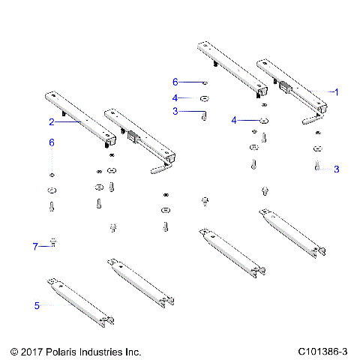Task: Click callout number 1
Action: (x=337, y=91)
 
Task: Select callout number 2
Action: (x=51, y=121)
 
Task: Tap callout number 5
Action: (x=36, y=305)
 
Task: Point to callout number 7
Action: (x=35, y=245)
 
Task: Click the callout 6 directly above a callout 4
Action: (x=175, y=82)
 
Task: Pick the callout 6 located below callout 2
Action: (x=52, y=142)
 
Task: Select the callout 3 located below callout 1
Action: (x=337, y=169)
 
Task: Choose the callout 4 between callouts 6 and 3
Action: (x=175, y=97)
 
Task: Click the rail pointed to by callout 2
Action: (x=79, y=120)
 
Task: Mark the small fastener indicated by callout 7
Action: (x=53, y=241)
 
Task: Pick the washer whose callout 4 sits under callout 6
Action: (x=205, y=98)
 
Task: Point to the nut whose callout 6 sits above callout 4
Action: (x=204, y=82)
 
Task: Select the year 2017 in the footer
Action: (x=31, y=351)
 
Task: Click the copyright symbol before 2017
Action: (x=13, y=351)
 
